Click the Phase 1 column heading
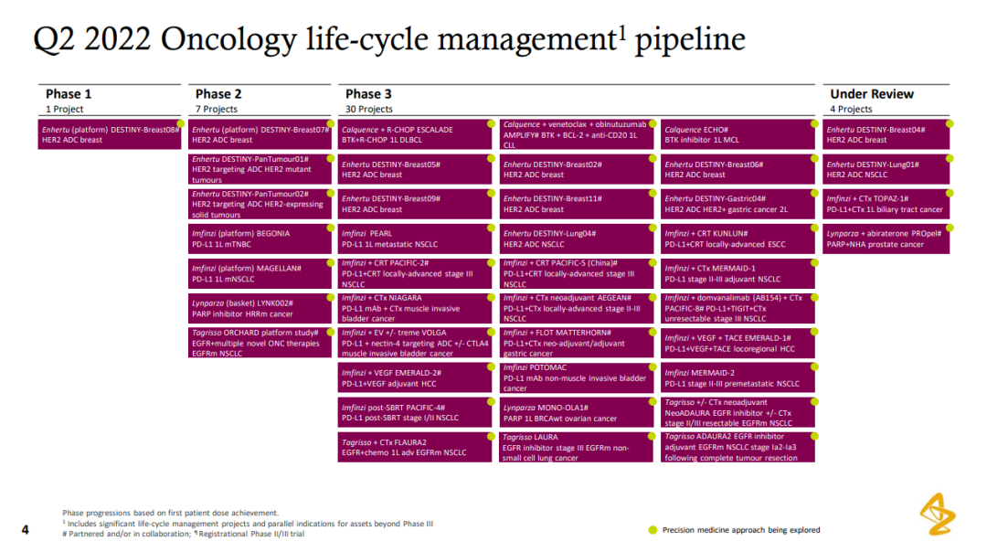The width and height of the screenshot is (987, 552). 68,94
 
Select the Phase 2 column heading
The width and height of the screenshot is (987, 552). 218,94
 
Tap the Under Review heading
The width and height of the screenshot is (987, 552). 871,94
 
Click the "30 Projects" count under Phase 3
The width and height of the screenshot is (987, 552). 368,109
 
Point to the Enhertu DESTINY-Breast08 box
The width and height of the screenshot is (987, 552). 110,134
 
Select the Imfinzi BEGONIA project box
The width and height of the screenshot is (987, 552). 260,239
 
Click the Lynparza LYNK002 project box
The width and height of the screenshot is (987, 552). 260,308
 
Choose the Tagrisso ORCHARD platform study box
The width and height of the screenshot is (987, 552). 260,343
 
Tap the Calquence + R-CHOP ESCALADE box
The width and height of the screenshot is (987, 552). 415,134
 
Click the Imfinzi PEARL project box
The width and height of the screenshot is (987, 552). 415,239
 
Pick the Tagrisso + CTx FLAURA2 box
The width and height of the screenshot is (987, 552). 415,447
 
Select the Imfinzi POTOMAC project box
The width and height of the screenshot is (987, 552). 577,377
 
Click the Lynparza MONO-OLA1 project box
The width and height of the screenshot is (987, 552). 577,412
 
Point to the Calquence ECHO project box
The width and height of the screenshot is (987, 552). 738,134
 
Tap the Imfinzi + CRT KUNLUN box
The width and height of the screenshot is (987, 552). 738,239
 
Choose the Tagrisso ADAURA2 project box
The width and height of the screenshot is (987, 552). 738,447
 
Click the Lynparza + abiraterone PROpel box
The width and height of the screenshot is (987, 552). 886,239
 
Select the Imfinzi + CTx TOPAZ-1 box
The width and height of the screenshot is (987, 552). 886,204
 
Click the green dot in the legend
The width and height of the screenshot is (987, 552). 653,530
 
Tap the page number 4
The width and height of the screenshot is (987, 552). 26,530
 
